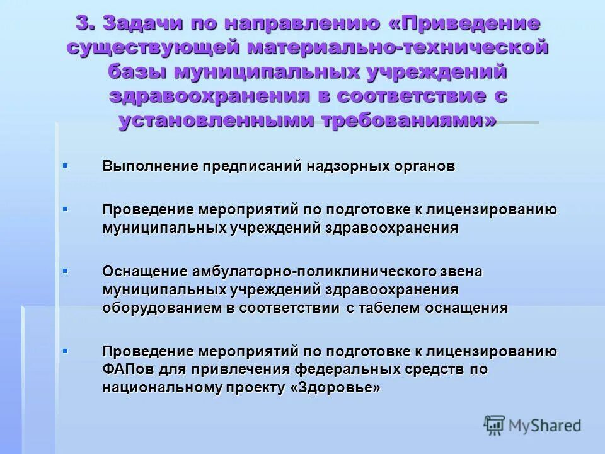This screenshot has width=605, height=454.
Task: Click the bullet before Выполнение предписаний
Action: click(x=66, y=166)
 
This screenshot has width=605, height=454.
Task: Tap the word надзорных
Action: click(x=347, y=167)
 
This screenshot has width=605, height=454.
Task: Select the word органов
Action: click(x=423, y=167)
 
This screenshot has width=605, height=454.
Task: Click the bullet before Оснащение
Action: click(x=66, y=271)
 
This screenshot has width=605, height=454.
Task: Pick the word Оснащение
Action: click(x=145, y=272)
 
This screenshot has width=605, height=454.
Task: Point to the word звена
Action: click(x=463, y=272)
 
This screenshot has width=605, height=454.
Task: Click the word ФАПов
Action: click(x=129, y=369)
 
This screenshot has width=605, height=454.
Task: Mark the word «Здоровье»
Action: click(x=336, y=388)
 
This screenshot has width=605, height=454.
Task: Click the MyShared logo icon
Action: click(x=494, y=426)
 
